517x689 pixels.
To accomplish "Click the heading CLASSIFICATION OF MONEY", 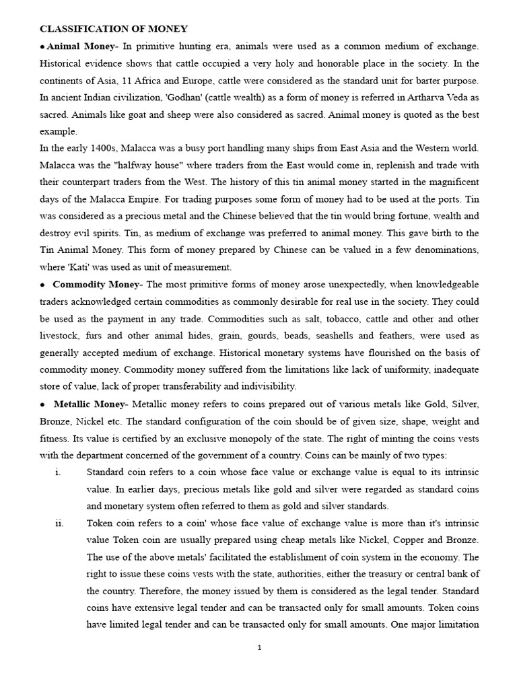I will [114, 29].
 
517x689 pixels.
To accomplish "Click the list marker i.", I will [58, 472].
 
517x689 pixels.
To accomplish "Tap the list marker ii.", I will [59, 523].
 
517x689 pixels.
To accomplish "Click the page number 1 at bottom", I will [259, 648].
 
